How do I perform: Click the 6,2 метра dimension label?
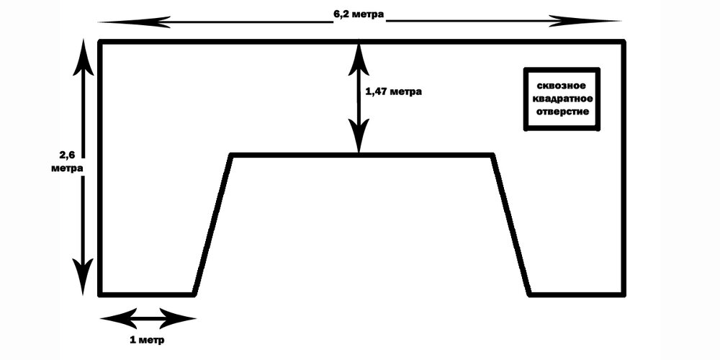pyautogui.click(x=359, y=14)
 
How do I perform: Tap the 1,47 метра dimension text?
pyautogui.click(x=393, y=91)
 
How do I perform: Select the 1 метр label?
pyautogui.click(x=147, y=341)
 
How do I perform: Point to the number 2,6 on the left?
pyautogui.click(x=66, y=154)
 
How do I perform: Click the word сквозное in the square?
pyautogui.click(x=562, y=86)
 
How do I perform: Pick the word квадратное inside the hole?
pyautogui.click(x=562, y=99)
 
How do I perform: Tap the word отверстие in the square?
pyautogui.click(x=562, y=112)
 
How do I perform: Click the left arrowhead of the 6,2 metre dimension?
pyautogui.click(x=134, y=21)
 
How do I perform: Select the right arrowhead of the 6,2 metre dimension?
pyautogui.click(x=585, y=21)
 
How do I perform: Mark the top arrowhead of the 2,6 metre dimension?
pyautogui.click(x=83, y=58)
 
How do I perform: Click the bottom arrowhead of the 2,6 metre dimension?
pyautogui.click(x=83, y=276)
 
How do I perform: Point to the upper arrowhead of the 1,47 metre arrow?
pyautogui.click(x=359, y=58)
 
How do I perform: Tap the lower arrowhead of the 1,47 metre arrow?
pyautogui.click(x=359, y=135)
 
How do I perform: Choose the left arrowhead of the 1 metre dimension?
pyautogui.click(x=118, y=318)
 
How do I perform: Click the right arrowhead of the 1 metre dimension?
pyautogui.click(x=178, y=318)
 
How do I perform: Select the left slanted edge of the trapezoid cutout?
pyautogui.click(x=212, y=225)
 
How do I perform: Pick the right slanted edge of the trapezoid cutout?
pyautogui.click(x=510, y=225)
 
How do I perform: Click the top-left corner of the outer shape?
pyautogui.click(x=100, y=42)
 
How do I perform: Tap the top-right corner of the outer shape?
pyautogui.click(x=624, y=42)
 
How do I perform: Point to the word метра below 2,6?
pyautogui.click(x=67, y=168)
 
